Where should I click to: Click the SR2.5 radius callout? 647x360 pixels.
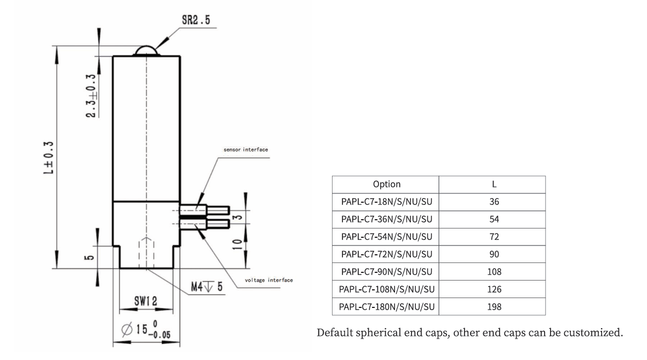pyautogui.click(x=196, y=22)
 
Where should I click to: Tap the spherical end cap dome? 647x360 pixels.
pyautogui.click(x=146, y=51)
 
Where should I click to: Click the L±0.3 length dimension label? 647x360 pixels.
pyautogui.click(x=49, y=157)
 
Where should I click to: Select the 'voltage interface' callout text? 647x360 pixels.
pyautogui.click(x=268, y=280)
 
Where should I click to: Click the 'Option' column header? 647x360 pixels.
pyautogui.click(x=386, y=184)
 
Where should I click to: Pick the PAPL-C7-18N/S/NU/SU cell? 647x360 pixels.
pyautogui.click(x=386, y=202)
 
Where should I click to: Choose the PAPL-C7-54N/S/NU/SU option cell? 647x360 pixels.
pyautogui.click(x=386, y=237)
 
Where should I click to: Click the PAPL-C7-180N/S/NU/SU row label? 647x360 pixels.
pyautogui.click(x=386, y=307)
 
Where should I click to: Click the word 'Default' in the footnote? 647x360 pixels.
pyautogui.click(x=335, y=333)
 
